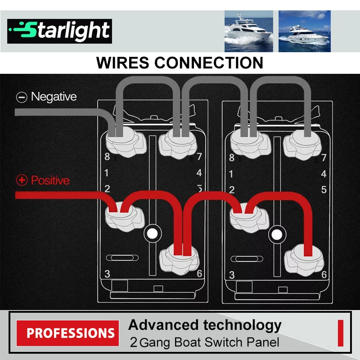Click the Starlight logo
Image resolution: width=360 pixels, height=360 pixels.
tap(59, 31)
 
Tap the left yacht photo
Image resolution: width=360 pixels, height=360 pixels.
tap(249, 31)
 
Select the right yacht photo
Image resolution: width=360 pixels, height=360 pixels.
tap(305, 31)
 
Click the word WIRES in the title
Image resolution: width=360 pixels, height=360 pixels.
tap(122, 63)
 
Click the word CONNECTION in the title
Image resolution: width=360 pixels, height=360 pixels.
tap(209, 63)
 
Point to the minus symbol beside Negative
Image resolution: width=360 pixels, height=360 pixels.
tap(22, 97)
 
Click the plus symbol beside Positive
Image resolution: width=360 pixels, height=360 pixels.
tap(22, 180)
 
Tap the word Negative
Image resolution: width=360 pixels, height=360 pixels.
tap(54, 97)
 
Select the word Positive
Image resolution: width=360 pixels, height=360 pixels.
tap(50, 180)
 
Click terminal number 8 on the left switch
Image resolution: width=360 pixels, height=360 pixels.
tap(107, 157)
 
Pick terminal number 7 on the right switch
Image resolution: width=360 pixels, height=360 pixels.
tap(324, 157)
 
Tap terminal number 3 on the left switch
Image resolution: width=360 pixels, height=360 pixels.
tap(107, 274)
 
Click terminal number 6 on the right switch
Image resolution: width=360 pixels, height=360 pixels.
tap(324, 274)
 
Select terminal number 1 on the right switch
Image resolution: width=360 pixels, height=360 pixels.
tap(231, 174)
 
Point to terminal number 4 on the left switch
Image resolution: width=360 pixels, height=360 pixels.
tap(199, 173)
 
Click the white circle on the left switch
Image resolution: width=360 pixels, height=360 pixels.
tap(153, 234)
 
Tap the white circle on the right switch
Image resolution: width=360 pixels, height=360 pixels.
tap(277, 235)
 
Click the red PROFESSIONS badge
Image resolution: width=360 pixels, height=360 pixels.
tap(68, 333)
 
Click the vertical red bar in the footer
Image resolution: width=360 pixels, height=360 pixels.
tap(341, 333)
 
